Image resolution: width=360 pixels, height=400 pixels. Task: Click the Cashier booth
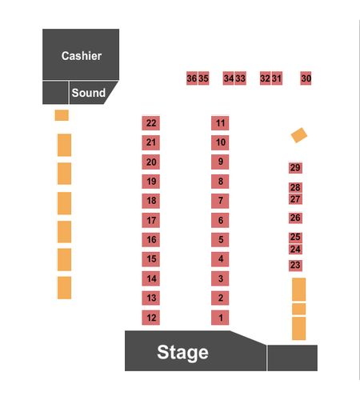[x=81, y=54]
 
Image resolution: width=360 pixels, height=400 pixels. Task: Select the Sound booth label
[x=89, y=93]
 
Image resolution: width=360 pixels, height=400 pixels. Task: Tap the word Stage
[x=182, y=353]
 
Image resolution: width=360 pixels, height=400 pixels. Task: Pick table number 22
[x=151, y=123]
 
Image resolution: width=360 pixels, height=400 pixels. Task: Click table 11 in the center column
[x=220, y=123]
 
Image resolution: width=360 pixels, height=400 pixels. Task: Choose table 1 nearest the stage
[x=220, y=318]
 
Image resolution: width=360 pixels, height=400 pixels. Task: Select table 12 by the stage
[x=151, y=318]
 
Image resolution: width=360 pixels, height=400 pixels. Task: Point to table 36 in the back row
[x=192, y=78]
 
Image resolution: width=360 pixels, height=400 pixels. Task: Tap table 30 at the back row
[x=306, y=78]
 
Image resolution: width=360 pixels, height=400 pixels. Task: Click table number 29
[x=295, y=168]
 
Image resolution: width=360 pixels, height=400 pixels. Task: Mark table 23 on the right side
[x=295, y=266]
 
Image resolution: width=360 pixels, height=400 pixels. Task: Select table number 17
[x=151, y=220]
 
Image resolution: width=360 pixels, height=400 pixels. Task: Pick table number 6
[x=220, y=220]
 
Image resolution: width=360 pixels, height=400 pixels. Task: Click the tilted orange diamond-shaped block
[x=299, y=135]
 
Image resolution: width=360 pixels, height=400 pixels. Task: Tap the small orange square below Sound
[x=62, y=115]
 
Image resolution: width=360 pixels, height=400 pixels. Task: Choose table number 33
[x=241, y=78]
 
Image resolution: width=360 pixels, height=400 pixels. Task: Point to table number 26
[x=295, y=218]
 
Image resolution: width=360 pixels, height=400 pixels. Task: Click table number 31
[x=277, y=78]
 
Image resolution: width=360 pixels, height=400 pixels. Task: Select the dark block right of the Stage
[x=293, y=358]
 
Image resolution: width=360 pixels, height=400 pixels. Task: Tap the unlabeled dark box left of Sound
[x=55, y=93]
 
